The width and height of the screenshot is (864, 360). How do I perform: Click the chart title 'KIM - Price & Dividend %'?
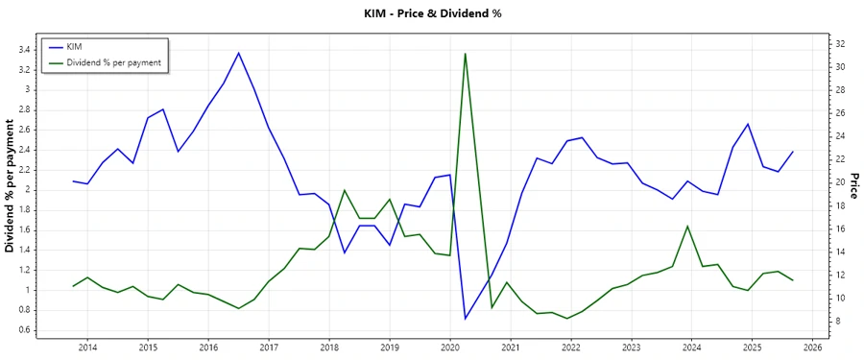pyautogui.click(x=431, y=13)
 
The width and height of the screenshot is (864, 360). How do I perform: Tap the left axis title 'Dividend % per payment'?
pyautogui.click(x=11, y=186)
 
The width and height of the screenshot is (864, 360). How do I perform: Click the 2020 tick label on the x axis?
pyautogui.click(x=449, y=347)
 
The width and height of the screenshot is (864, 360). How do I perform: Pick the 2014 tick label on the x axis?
pyautogui.click(x=87, y=347)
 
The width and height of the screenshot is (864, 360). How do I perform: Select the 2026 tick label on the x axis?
pyautogui.click(x=812, y=347)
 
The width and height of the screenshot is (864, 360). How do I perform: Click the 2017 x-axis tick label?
pyautogui.click(x=269, y=347)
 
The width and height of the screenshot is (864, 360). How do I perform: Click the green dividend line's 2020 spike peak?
pyautogui.click(x=466, y=54)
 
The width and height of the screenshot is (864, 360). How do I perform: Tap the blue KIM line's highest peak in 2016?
pyautogui.click(x=239, y=53)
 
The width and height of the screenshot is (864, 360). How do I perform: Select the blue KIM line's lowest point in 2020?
pyautogui.click(x=466, y=318)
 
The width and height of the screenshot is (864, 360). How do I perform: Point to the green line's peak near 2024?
pyautogui.click(x=687, y=227)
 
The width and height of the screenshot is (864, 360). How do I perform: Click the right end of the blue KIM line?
pyautogui.click(x=793, y=151)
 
